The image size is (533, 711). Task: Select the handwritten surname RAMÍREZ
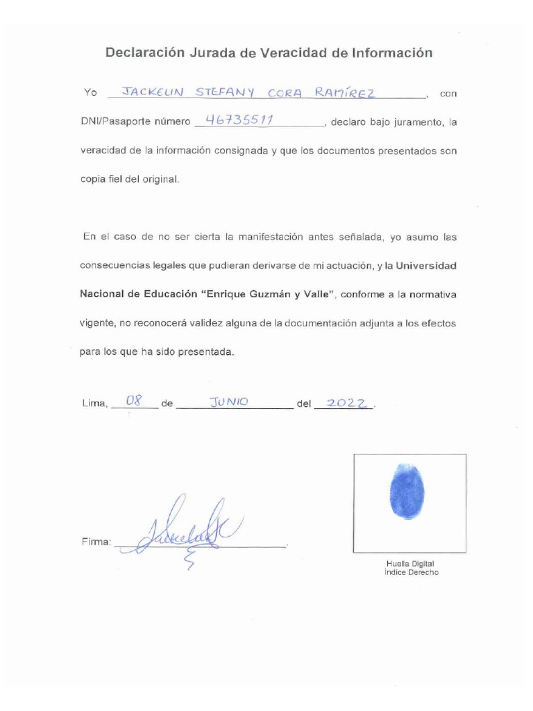tap(346, 92)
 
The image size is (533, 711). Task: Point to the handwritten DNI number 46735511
tap(235, 119)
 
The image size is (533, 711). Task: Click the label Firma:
tap(95, 542)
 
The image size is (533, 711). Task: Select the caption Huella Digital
tap(410, 563)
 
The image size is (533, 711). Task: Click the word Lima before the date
tap(94, 403)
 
